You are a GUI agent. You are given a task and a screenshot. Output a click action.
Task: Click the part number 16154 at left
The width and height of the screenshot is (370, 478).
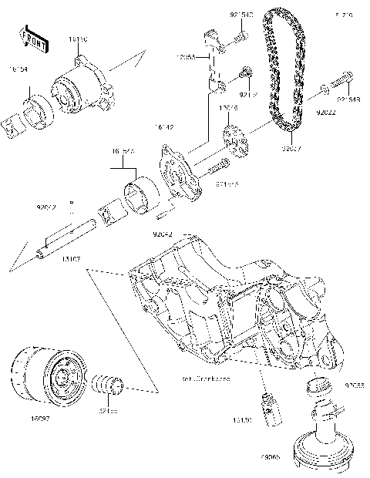18,69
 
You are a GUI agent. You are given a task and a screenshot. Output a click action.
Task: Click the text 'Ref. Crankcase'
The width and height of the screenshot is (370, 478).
208,380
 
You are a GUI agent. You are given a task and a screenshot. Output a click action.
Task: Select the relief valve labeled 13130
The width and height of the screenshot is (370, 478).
270,407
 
